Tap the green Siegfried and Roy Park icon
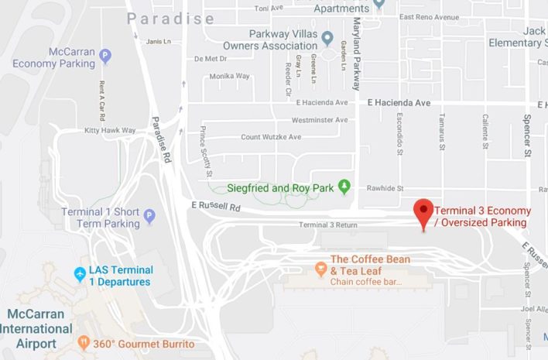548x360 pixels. coord(345,187)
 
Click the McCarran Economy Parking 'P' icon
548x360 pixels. coord(105,55)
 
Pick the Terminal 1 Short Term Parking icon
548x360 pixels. coord(150,216)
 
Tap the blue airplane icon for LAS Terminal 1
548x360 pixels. coord(79,274)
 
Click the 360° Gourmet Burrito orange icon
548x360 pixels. coord(84,342)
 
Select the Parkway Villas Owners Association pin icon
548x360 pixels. coord(327,37)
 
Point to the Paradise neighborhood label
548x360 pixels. coord(170,18)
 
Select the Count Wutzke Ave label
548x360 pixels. coord(271,137)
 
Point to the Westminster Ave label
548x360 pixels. coord(319,120)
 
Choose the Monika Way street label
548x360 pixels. coord(229,76)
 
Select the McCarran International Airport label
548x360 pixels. coord(43,328)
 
